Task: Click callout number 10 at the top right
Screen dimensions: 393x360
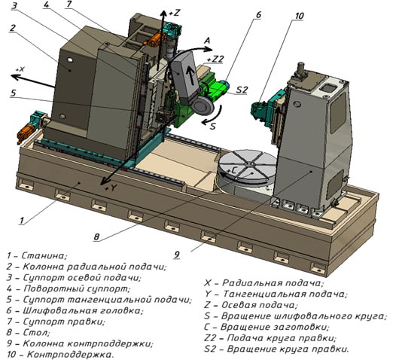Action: [299, 16]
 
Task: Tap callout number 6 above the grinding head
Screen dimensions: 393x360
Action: [258, 15]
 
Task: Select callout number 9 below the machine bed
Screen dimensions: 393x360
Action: [177, 255]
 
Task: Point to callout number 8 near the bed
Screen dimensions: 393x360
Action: [96, 237]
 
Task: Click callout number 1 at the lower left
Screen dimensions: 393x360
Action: [22, 221]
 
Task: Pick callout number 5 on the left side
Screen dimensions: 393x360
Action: [13, 93]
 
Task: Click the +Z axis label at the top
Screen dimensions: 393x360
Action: [175, 13]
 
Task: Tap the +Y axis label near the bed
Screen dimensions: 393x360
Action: [111, 188]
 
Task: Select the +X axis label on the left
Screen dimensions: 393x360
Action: [20, 69]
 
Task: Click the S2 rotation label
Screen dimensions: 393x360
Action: [242, 90]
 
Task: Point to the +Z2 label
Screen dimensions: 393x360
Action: [215, 59]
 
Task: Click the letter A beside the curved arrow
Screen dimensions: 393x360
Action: [207, 41]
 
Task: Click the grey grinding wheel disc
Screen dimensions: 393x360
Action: [203, 107]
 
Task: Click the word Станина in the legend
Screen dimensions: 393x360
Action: [44, 255]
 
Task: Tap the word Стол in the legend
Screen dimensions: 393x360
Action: [36, 332]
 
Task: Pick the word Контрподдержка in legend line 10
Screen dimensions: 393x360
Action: [70, 355]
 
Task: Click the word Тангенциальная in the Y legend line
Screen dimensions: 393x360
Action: [264, 294]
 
